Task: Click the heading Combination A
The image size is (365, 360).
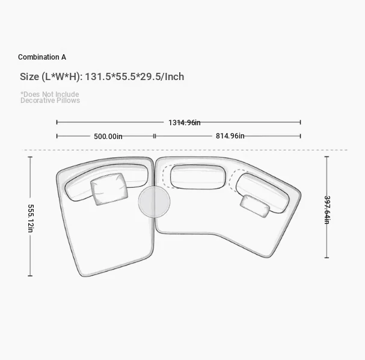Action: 42,57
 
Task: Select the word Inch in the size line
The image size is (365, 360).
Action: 174,76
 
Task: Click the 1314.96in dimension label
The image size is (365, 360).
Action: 185,123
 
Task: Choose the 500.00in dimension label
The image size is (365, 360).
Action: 108,136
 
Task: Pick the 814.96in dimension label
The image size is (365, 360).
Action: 230,136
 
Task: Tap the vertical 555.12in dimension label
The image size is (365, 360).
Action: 31,219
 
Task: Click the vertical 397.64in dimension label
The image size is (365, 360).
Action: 327,210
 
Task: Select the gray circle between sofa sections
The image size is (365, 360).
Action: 154,202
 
